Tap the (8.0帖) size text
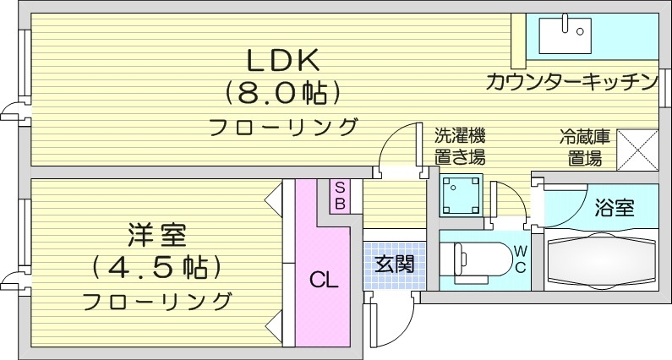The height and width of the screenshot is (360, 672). pyautogui.click(x=282, y=92)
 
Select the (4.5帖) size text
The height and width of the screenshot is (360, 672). pyautogui.click(x=156, y=266)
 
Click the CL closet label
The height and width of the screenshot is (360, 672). pyautogui.click(x=322, y=279)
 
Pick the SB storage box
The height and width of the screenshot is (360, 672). pyautogui.click(x=338, y=196)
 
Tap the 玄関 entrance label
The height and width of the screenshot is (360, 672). pyautogui.click(x=394, y=263)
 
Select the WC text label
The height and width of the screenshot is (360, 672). pyautogui.click(x=520, y=259)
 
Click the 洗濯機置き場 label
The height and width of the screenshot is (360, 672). pyautogui.click(x=460, y=145)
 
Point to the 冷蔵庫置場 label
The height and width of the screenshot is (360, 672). pyautogui.click(x=581, y=146)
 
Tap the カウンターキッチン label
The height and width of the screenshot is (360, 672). pyautogui.click(x=571, y=82)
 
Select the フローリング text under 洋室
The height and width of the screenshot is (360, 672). pyautogui.click(x=157, y=300)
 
